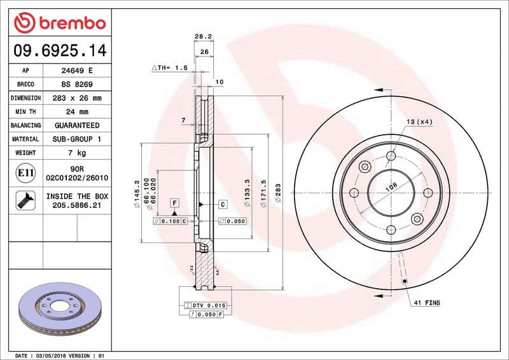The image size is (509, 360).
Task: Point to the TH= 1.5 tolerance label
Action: click(170, 67)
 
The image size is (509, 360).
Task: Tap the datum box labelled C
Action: click(223, 204)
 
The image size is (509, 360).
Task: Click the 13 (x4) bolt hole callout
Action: click(420, 121)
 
